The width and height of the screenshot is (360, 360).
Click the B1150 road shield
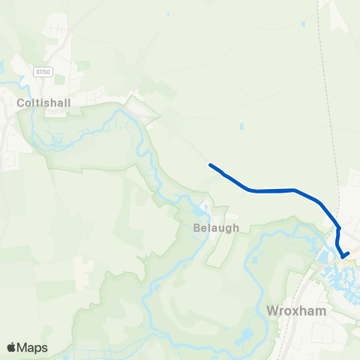[x=42, y=71]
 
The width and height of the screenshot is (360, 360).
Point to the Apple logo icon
[x=12, y=347]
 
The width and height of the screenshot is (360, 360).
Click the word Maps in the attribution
[x=33, y=347]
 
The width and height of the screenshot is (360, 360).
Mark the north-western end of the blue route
[x=210, y=165]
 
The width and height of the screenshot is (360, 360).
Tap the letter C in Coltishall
[x=23, y=97]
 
